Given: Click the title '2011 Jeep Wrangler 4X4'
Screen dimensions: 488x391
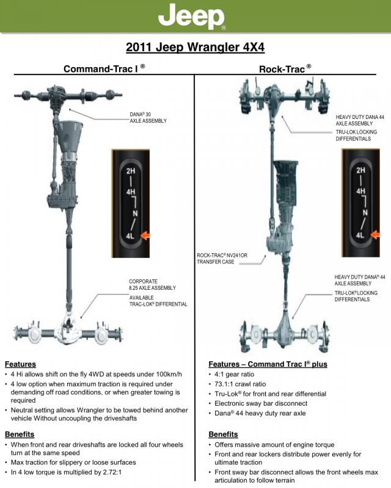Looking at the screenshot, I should [x=195, y=47].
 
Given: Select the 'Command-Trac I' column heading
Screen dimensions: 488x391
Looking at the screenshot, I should [x=104, y=69].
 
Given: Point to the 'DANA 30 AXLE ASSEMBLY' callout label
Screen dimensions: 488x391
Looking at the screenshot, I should [x=148, y=117].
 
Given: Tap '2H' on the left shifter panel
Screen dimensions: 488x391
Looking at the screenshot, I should [x=130, y=171].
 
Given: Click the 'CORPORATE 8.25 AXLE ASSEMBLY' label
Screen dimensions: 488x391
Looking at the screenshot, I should [x=152, y=285].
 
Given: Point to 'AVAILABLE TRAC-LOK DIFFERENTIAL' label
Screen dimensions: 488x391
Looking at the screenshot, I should [x=158, y=301].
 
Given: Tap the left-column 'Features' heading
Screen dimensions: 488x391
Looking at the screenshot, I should [x=20, y=364].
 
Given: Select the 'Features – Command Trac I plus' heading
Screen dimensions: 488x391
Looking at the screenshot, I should [x=268, y=364].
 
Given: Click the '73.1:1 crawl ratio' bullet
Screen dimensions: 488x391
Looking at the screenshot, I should [x=240, y=384].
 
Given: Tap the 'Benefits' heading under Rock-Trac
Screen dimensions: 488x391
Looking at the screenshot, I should [x=223, y=434].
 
